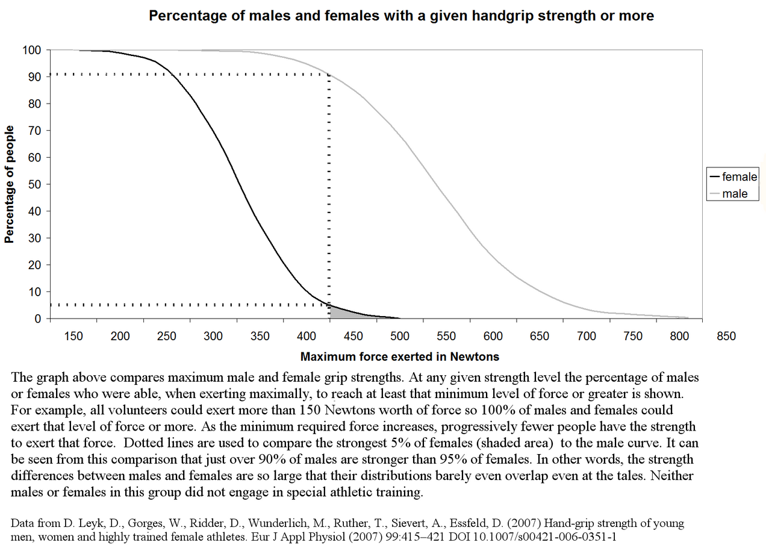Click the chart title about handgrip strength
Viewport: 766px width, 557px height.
click(401, 16)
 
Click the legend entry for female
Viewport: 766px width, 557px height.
click(739, 177)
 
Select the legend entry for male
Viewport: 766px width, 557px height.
click(735, 194)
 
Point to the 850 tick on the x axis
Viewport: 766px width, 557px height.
click(726, 336)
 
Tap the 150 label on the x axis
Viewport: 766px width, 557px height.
click(73, 336)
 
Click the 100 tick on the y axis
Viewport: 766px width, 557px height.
click(31, 50)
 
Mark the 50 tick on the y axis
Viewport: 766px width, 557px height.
click(34, 184)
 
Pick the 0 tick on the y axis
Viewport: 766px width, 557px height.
click(37, 319)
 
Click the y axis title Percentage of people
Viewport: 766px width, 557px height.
click(9, 184)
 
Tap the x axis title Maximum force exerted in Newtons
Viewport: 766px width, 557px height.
click(400, 356)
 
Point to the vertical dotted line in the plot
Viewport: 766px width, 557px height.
click(329, 181)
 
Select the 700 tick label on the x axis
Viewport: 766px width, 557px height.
click(587, 336)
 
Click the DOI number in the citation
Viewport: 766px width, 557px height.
click(554, 537)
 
